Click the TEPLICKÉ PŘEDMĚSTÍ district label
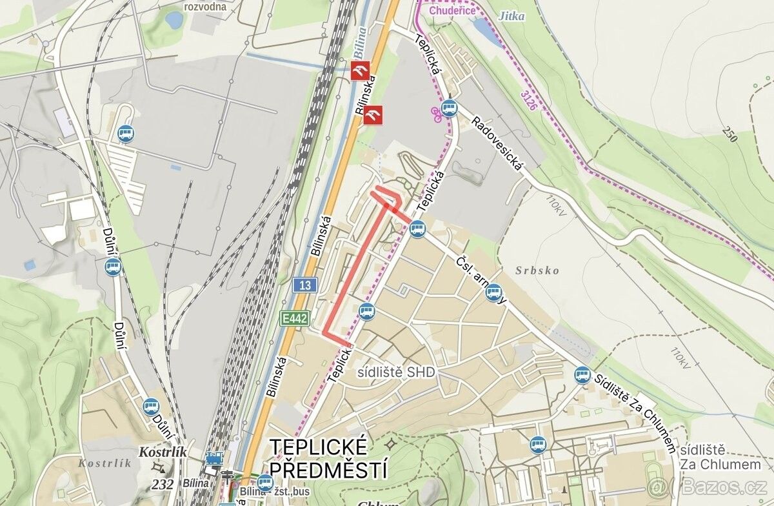pos(329,457)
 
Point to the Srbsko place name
pos(537,270)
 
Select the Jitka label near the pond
pos(511,16)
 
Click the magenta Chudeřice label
pos(452,10)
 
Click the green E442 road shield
pos(295,318)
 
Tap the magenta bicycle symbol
pos(435,114)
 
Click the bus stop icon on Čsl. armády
pos(493,293)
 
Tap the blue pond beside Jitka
pos(488,32)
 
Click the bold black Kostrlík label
pos(163,452)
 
